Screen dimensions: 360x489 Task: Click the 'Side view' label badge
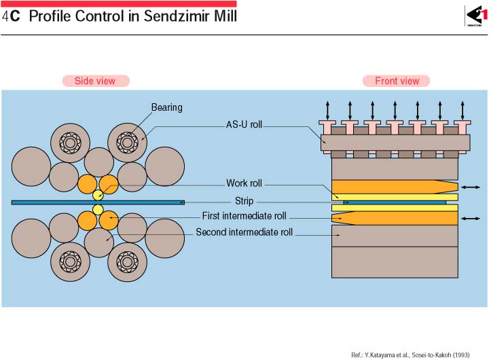[x=95, y=81]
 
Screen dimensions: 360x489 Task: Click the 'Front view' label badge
[x=397, y=81]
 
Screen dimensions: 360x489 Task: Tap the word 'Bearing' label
[x=166, y=107]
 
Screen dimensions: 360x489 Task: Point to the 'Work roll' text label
[x=244, y=183]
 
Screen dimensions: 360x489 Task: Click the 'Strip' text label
[x=244, y=201]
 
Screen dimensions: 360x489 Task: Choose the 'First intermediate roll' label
[x=244, y=217]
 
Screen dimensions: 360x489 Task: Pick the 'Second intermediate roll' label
[x=244, y=232]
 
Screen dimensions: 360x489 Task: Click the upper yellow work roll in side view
[x=98, y=196]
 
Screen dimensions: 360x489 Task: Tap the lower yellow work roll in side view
[x=98, y=209]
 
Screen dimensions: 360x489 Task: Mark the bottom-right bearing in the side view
[x=127, y=260]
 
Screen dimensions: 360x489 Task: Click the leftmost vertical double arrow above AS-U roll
[x=327, y=109]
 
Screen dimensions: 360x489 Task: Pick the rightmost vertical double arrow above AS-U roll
[x=463, y=109]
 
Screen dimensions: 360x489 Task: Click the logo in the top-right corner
[x=473, y=15]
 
